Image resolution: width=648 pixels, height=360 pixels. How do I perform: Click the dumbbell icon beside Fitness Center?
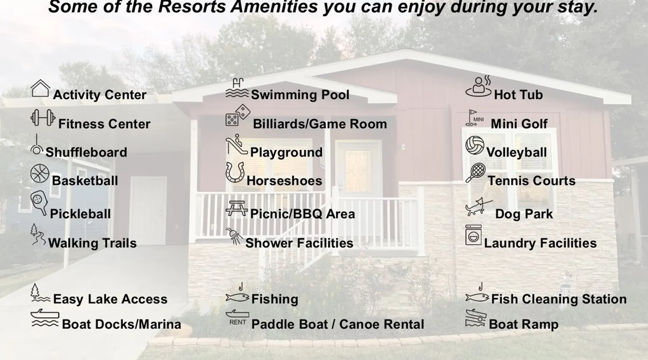coord(43,118)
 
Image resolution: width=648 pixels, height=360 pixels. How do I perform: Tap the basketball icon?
coord(40,174)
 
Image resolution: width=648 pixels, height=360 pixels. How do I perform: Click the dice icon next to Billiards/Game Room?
coord(238,115)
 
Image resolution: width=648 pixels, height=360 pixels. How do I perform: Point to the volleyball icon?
coord(475,145)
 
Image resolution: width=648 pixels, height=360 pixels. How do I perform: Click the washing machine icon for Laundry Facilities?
coord(473,235)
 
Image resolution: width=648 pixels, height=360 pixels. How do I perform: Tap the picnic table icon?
coord(237,208)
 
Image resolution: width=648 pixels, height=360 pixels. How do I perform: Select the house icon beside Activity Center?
coord(40,88)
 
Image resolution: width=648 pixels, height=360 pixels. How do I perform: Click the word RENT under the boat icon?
coord(238,322)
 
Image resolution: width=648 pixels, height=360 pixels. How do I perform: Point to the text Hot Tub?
coord(518,95)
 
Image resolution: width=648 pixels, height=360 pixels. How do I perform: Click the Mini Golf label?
coord(519,124)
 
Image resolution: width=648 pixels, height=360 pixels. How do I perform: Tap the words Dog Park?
coord(524,214)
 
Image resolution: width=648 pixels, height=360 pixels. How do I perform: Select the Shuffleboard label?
coord(86,152)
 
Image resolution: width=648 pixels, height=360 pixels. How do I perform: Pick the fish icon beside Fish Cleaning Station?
coord(477,297)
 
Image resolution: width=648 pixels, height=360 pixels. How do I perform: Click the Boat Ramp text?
coord(524,324)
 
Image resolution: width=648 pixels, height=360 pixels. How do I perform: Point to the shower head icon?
coord(234,236)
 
